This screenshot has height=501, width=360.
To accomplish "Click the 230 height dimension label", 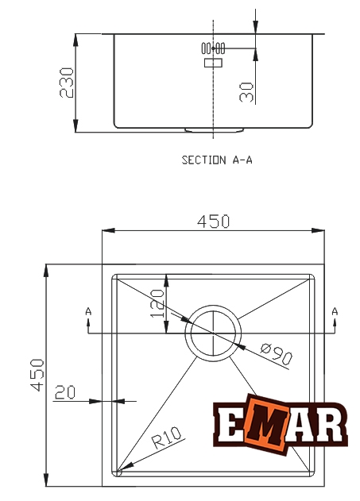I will [x=67, y=82].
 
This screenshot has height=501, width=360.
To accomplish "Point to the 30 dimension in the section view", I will [x=246, y=91].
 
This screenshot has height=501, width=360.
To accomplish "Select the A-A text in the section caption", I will [x=242, y=160].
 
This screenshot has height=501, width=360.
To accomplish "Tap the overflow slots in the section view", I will [x=214, y=48].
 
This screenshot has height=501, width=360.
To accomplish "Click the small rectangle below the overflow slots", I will [x=214, y=62].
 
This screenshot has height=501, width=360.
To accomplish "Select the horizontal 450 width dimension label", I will [x=214, y=222].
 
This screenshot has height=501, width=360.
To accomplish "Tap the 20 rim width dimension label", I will [x=65, y=391].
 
